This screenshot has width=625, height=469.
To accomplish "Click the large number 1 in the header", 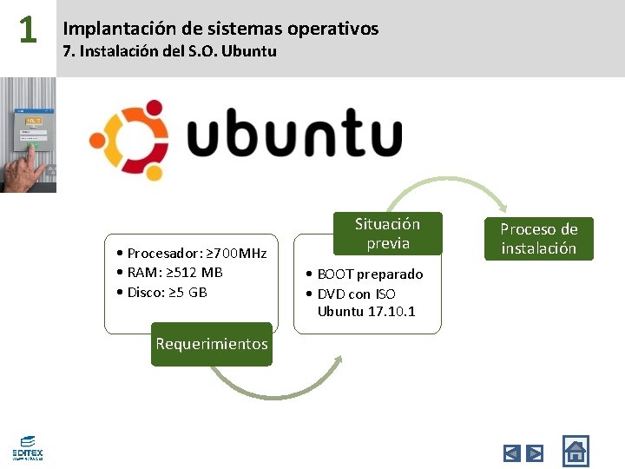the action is coord(28,30).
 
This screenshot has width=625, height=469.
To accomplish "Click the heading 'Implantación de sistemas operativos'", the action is coord(220,29).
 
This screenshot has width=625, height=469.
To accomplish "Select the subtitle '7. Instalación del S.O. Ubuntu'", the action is coord(169,51).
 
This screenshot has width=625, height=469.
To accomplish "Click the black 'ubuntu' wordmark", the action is coord(294,136).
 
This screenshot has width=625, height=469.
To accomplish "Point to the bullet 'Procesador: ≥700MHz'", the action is coord(191,254).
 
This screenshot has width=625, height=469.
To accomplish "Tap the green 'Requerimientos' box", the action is coord(212,344).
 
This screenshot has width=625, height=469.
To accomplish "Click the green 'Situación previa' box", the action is coord(387,234).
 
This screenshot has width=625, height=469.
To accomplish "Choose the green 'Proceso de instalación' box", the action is coord(538,239).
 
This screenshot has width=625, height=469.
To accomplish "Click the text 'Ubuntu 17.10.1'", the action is coord(366,312).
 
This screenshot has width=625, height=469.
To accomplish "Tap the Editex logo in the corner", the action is coord(27,447).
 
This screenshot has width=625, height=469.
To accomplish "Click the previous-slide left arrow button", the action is coord(511,452).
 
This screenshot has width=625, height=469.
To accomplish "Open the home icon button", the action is coord(575,450).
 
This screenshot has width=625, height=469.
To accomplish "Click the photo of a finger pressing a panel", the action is coord(28,135).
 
